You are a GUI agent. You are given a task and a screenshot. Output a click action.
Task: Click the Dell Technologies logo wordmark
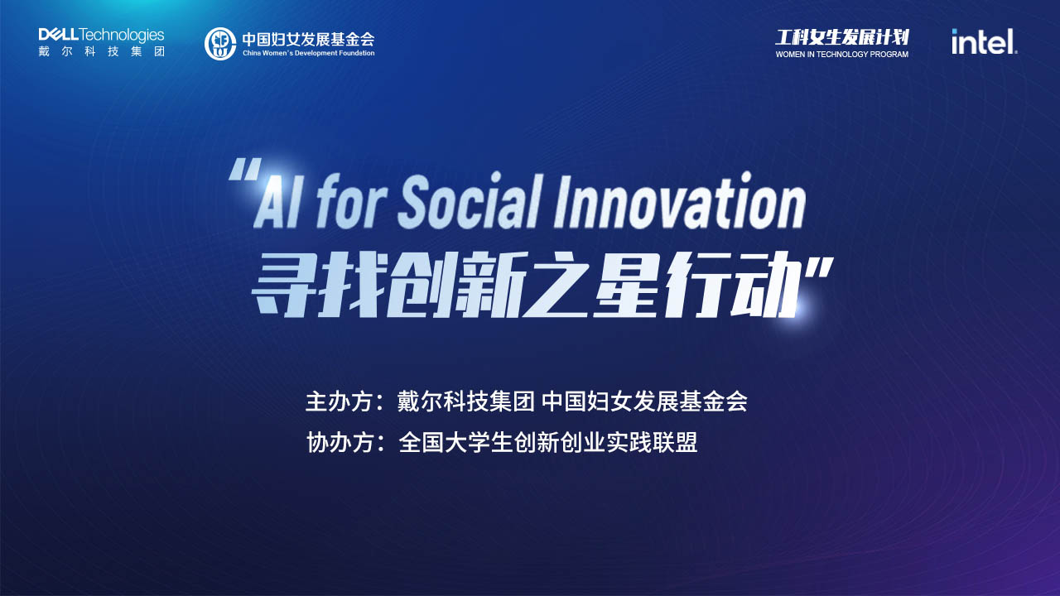tap(101, 35)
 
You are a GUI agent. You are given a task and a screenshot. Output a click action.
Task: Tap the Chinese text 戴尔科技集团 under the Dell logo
tap(102, 51)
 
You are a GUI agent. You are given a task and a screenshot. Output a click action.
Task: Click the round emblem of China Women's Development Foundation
tap(220, 44)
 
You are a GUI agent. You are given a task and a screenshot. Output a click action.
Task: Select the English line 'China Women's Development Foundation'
tap(309, 53)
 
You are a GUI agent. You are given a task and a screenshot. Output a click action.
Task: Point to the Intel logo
tap(985, 41)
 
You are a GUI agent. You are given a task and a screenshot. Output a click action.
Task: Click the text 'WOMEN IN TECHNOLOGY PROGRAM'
tap(842, 55)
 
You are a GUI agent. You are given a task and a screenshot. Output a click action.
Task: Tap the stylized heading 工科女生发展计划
tap(842, 37)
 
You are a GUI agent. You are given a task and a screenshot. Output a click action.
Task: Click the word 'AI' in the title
tap(277, 204)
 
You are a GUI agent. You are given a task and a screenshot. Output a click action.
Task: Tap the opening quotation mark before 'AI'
tap(245, 169)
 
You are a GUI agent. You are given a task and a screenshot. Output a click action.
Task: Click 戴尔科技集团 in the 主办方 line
tap(465, 402)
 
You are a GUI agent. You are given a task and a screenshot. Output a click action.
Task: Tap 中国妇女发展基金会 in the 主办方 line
tap(644, 402)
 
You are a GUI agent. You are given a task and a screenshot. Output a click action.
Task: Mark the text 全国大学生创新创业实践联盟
tap(548, 443)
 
